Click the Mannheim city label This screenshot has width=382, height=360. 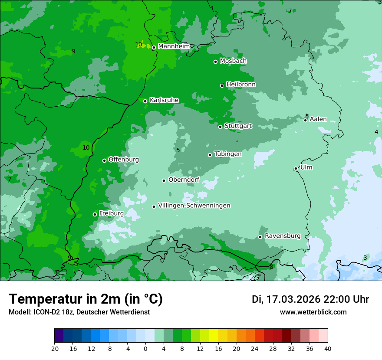pyautogui.click(x=174, y=46)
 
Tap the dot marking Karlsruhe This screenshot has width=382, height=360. pyautogui.click(x=145, y=101)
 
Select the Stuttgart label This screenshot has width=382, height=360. pyautogui.click(x=238, y=126)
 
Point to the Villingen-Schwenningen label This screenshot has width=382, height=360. pyautogui.click(x=194, y=206)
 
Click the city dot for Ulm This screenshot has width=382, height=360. pyautogui.click(x=296, y=168)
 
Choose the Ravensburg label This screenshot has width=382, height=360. pyautogui.click(x=282, y=236)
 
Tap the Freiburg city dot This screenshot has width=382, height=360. pyautogui.click(x=95, y=214)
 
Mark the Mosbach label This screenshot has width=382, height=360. pyautogui.click(x=233, y=61)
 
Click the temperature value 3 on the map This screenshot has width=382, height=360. pyautogui.click(x=365, y=258)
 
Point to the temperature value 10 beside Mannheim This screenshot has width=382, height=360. pyautogui.click(x=138, y=44)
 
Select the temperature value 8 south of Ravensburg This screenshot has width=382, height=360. pyautogui.click(x=271, y=267)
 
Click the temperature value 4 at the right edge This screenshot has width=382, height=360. pyautogui.click(x=376, y=132)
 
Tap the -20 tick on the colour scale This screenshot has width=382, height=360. pyautogui.click(x=54, y=348)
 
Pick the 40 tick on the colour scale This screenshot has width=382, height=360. pyautogui.click(x=328, y=348)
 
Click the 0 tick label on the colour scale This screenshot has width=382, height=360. pyautogui.click(x=145, y=348)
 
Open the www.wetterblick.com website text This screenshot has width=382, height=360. pyautogui.click(x=313, y=312)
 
